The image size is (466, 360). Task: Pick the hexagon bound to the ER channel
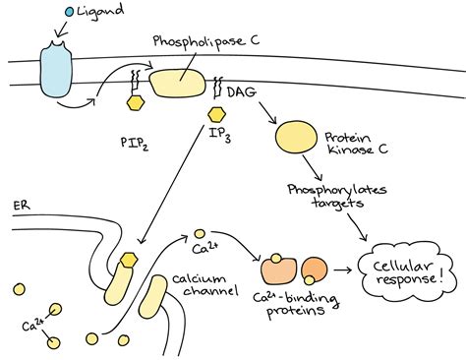[x=128, y=262]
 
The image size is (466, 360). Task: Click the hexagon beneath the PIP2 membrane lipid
[x=137, y=101]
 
